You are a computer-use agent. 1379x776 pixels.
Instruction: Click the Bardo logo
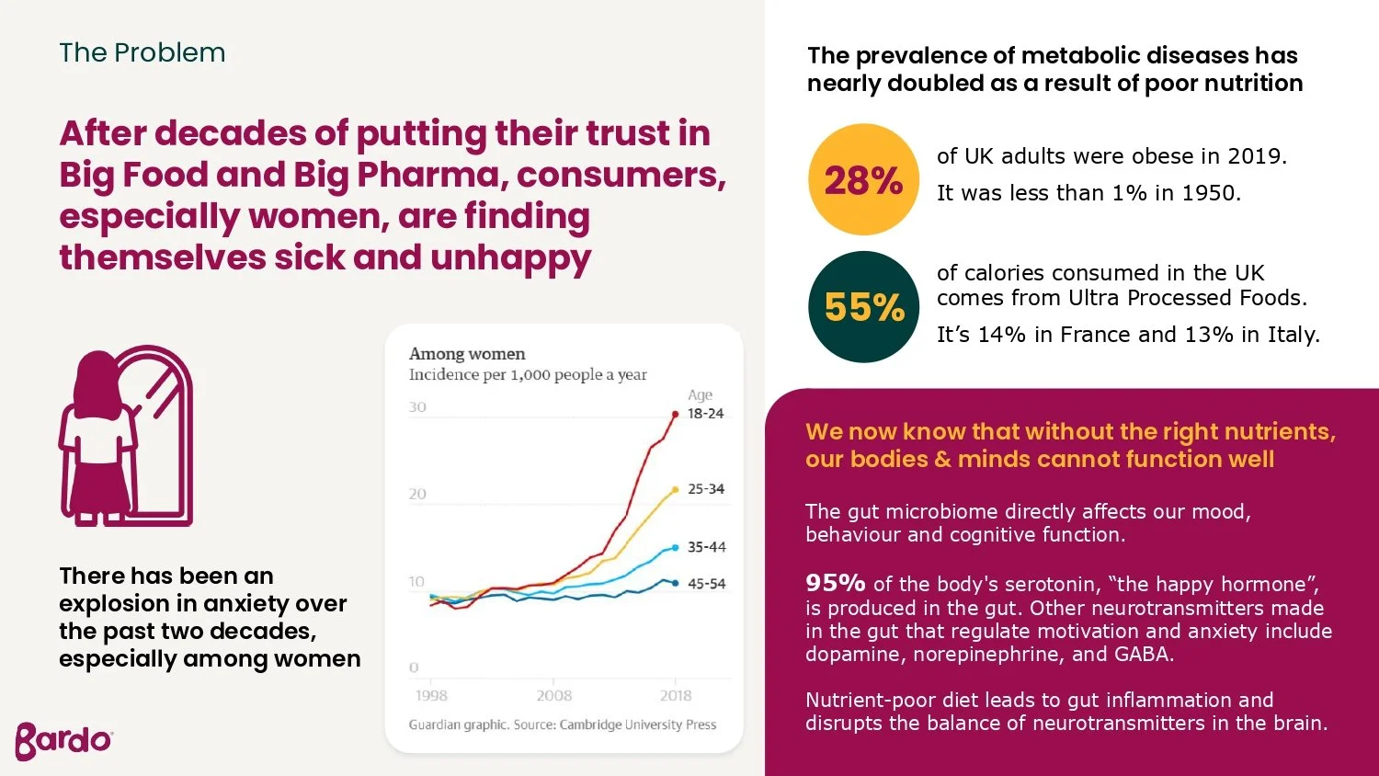(x=63, y=741)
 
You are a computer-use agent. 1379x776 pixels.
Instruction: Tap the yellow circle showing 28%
(x=864, y=179)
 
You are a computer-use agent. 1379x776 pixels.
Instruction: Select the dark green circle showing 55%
(x=864, y=307)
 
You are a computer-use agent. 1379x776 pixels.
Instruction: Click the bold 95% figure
(x=836, y=583)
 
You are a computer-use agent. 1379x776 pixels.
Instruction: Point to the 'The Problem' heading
(x=142, y=52)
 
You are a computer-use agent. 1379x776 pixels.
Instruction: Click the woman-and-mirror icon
(x=126, y=436)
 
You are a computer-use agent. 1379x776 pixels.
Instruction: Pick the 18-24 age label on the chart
(x=705, y=413)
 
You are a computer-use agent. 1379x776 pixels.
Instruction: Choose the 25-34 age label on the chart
(x=706, y=489)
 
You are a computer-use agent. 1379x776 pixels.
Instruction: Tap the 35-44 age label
(x=707, y=547)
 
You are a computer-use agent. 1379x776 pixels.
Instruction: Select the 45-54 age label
(x=707, y=583)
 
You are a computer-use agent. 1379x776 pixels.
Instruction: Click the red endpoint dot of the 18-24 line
(x=676, y=415)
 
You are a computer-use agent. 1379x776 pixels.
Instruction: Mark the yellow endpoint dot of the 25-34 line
(x=676, y=490)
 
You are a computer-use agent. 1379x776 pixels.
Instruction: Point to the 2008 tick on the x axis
(x=554, y=695)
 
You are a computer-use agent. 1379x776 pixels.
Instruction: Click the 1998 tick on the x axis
(x=431, y=695)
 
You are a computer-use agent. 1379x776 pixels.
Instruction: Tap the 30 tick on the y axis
(x=417, y=407)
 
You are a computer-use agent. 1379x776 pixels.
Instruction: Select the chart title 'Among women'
(x=467, y=354)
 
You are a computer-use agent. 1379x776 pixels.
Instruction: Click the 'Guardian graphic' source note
(x=459, y=725)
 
